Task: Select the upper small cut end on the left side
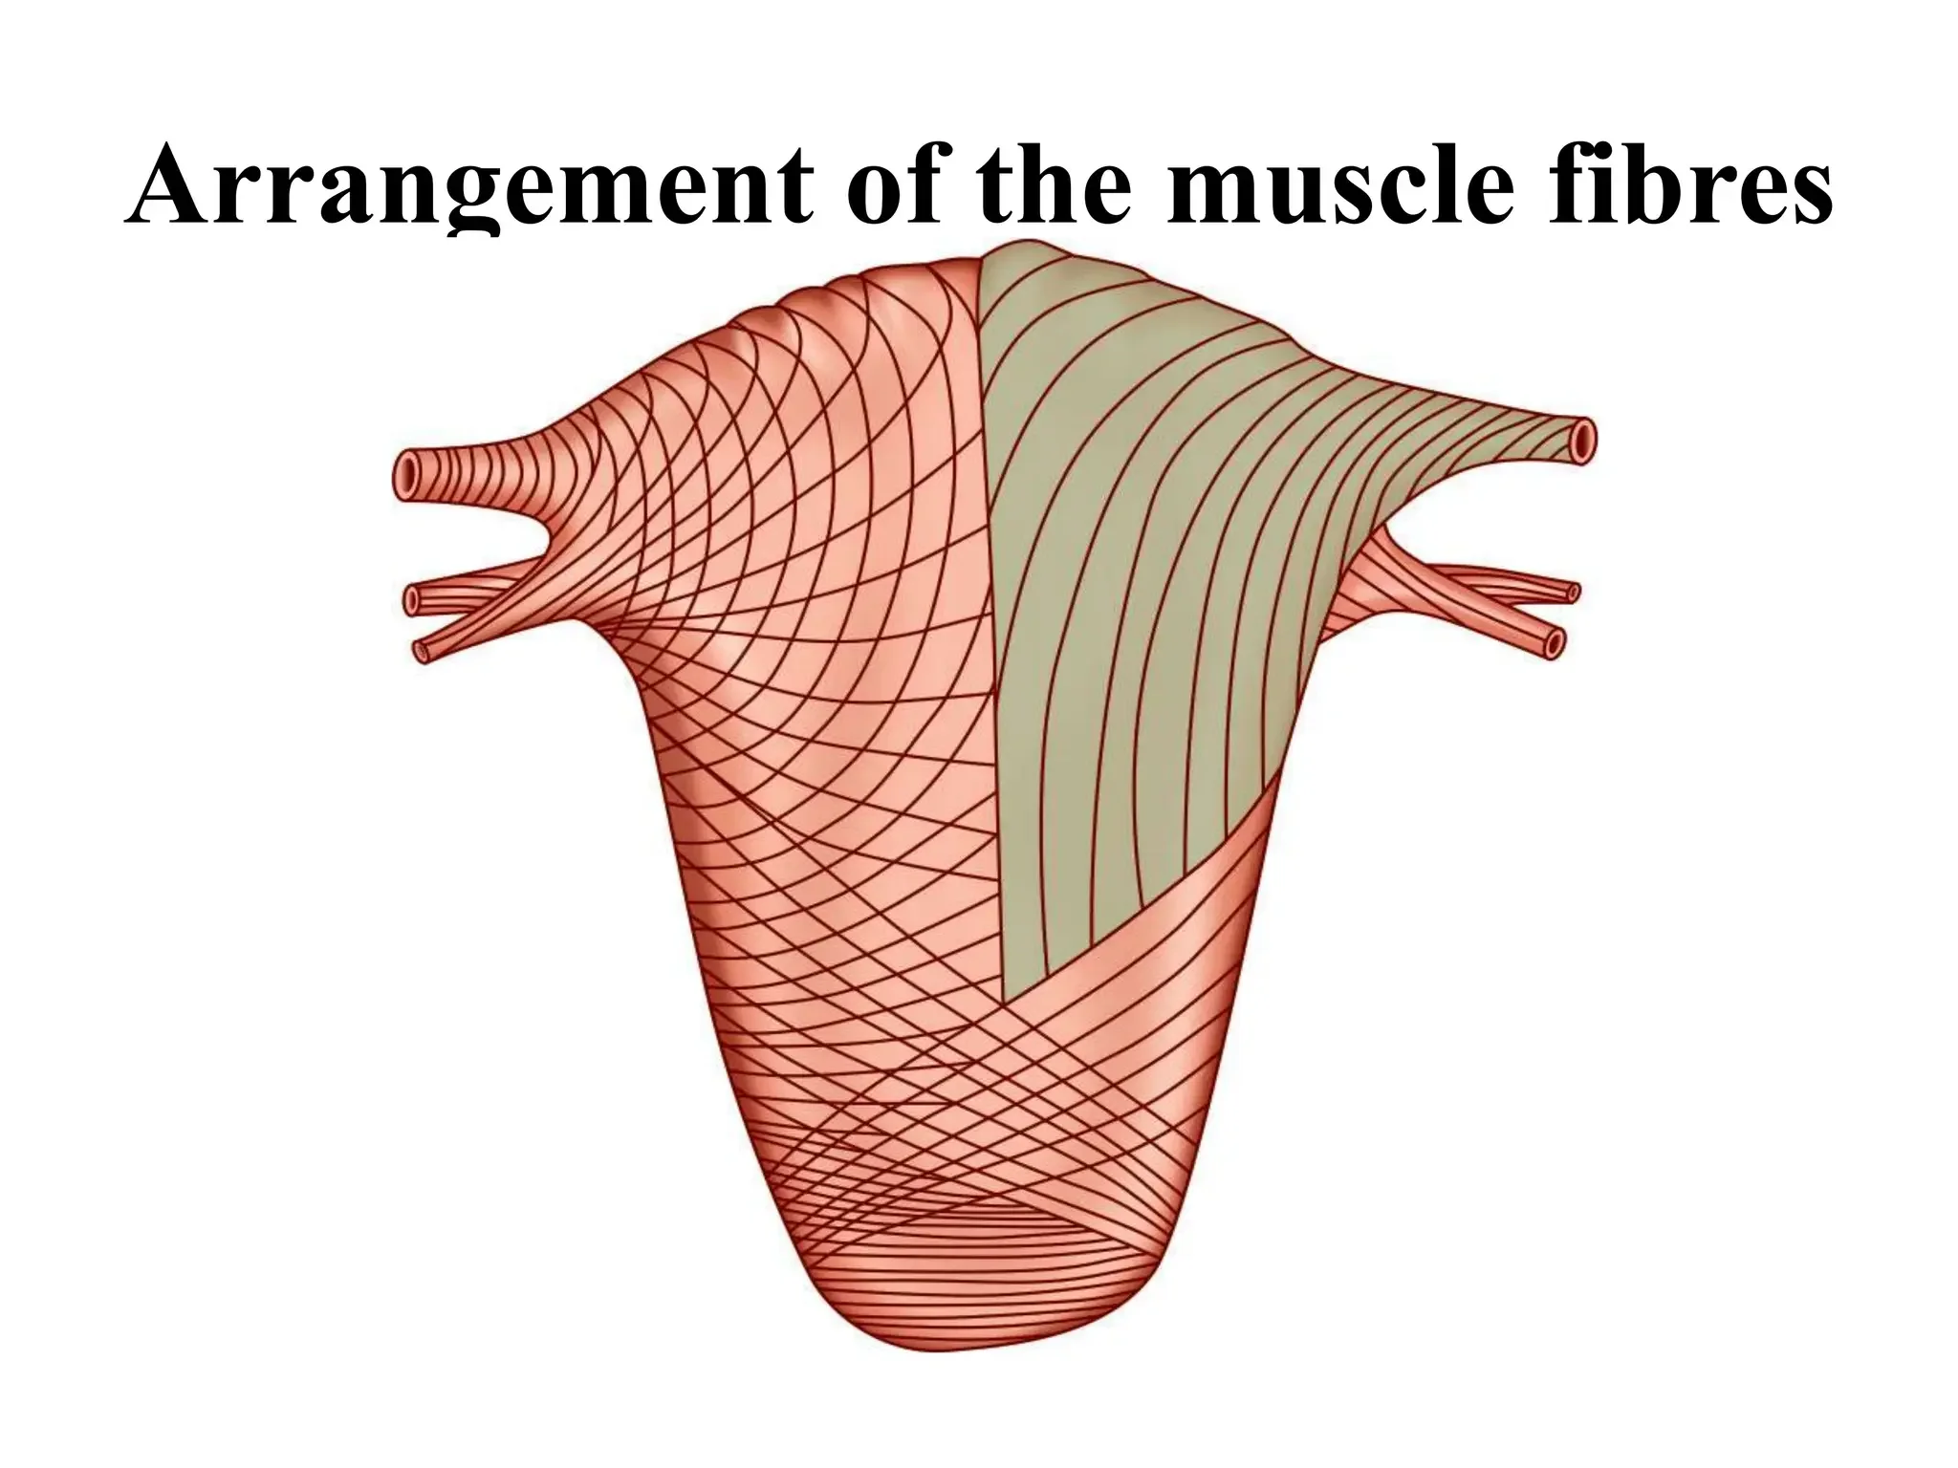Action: click(x=413, y=601)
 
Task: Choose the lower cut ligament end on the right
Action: click(x=1553, y=642)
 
